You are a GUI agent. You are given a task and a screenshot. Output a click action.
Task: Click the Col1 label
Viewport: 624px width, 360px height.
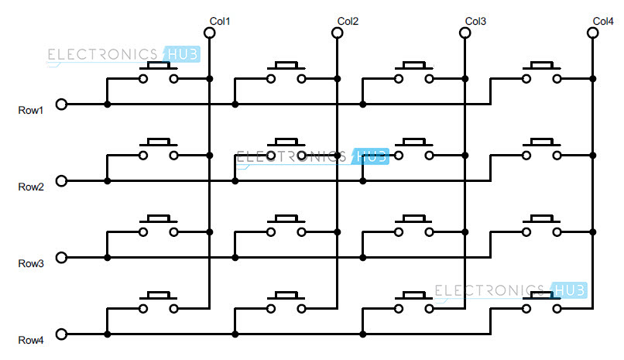tap(221, 21)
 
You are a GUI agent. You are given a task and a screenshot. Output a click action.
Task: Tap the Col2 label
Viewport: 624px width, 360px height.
tap(348, 21)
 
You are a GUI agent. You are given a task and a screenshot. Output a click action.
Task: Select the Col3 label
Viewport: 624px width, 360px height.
tap(476, 21)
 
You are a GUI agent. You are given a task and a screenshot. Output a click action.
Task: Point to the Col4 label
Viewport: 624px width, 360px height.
tap(603, 21)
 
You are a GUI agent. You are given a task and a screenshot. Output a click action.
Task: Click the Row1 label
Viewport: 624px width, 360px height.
tap(31, 111)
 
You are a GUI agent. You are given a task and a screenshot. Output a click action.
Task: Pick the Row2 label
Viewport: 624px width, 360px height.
tap(31, 187)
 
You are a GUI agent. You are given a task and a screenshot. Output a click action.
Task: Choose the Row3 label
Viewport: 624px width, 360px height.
tap(31, 264)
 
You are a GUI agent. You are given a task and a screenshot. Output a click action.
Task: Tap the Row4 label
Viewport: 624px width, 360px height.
tap(31, 341)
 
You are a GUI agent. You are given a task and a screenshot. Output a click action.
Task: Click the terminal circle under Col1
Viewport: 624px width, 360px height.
tap(209, 33)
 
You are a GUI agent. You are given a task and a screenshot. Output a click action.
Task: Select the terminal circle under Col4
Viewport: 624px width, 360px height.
tap(592, 33)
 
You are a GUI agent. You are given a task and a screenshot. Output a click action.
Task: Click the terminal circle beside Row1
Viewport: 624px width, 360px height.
tap(62, 104)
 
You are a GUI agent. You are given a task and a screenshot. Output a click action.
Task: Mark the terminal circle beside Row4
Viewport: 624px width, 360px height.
tap(62, 334)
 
